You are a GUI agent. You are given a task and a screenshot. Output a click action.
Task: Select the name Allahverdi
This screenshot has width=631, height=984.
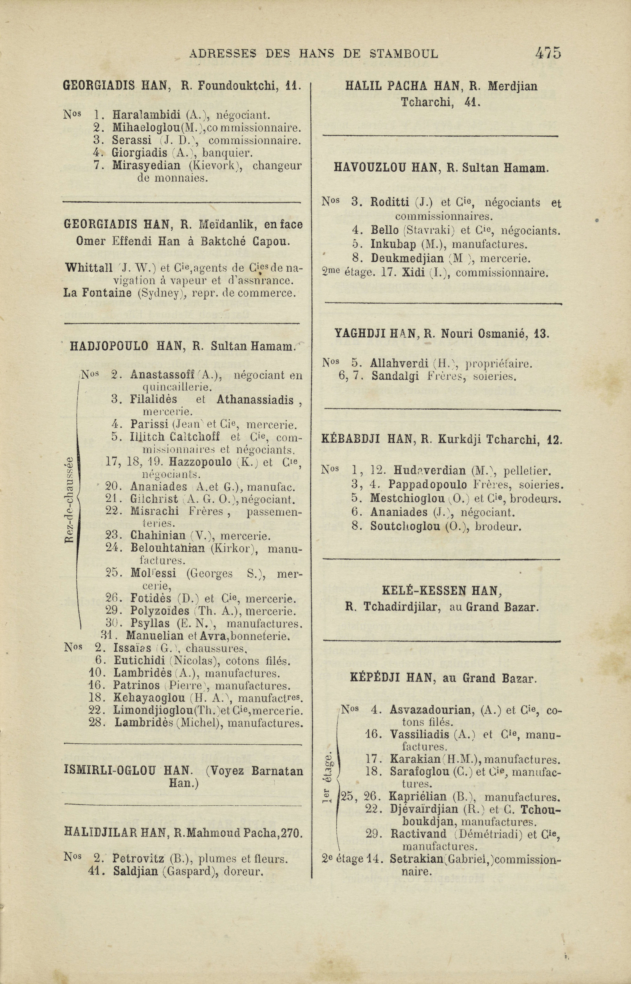[399, 363]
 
